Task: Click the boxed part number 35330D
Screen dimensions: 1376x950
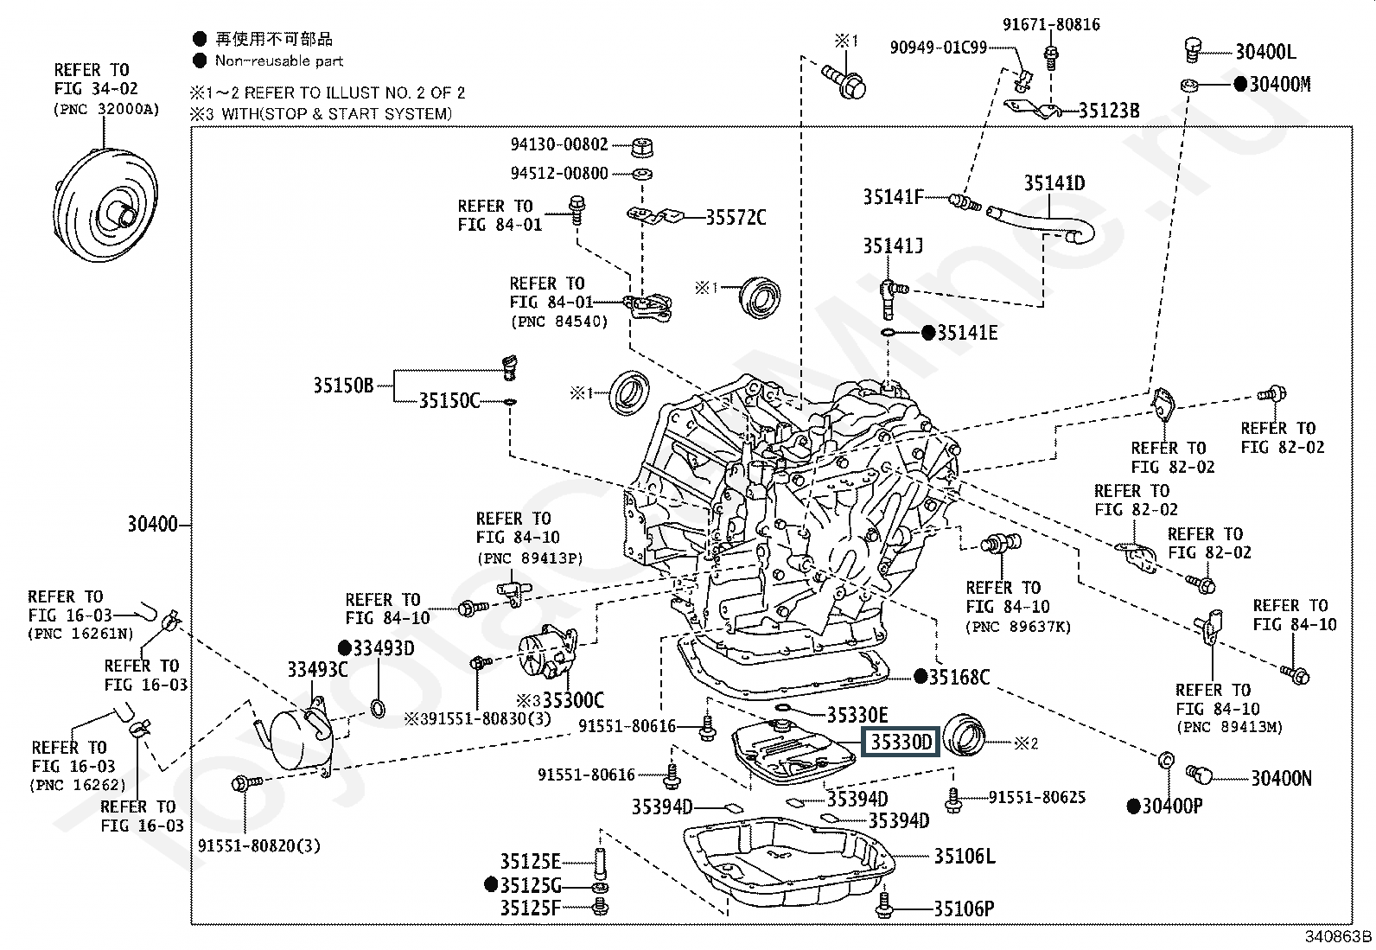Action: click(x=901, y=743)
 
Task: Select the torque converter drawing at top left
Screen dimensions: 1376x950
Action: click(x=105, y=205)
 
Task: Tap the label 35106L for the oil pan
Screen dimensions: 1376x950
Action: click(x=965, y=856)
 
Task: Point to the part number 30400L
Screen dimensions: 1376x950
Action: click(x=1265, y=52)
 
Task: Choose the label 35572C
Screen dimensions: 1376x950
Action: click(x=736, y=218)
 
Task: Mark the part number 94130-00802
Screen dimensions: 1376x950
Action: click(x=559, y=144)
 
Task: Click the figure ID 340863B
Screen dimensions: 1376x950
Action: click(x=1338, y=936)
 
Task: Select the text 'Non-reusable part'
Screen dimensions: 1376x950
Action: click(x=279, y=61)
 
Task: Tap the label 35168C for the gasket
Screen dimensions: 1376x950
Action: click(x=959, y=677)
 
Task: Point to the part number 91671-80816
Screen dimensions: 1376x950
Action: click(x=1051, y=24)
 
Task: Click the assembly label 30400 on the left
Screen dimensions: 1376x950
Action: click(x=152, y=524)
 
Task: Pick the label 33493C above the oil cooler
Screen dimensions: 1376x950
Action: click(x=317, y=669)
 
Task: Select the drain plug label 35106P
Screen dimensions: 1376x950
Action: click(x=964, y=909)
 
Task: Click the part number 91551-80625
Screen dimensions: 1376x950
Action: click(x=1037, y=797)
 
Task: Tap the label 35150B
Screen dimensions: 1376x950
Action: click(x=343, y=386)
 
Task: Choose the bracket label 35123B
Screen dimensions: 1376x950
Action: click(x=1109, y=111)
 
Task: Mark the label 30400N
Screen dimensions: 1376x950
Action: click(x=1282, y=779)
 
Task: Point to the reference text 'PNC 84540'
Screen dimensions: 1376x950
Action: click(x=559, y=322)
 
